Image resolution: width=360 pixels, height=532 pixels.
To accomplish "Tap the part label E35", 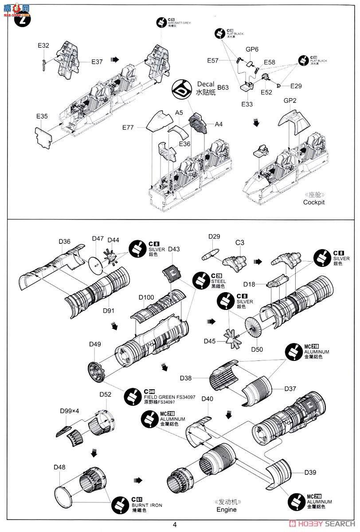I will pyautogui.click(x=42, y=117).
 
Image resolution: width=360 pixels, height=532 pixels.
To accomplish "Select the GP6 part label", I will pyautogui.click(x=252, y=50).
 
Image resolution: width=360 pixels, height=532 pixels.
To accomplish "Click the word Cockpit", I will pyautogui.click(x=314, y=202).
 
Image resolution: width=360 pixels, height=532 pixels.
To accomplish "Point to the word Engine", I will pyautogui.click(x=227, y=510).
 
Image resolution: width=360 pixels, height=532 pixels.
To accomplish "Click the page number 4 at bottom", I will pyautogui.click(x=175, y=524).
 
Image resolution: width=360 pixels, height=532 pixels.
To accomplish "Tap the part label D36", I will pyautogui.click(x=64, y=241).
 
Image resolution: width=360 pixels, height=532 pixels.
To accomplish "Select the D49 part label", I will pyautogui.click(x=95, y=344).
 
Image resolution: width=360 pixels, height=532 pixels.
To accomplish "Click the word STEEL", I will pyautogui.click(x=218, y=281).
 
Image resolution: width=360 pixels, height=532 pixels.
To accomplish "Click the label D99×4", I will pyautogui.click(x=70, y=411).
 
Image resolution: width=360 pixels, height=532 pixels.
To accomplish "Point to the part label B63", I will pyautogui.click(x=223, y=88).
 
